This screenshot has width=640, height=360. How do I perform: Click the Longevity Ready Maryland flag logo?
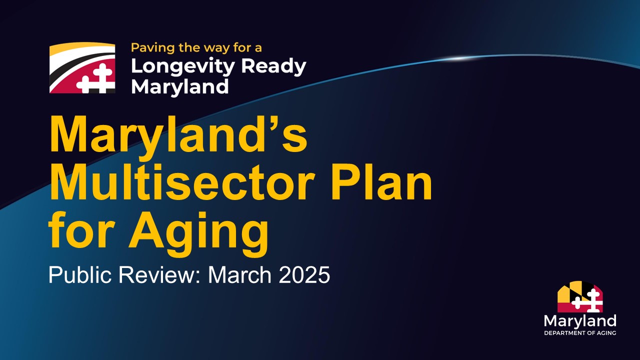[82, 68]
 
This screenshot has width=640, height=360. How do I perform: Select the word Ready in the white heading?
[273, 67]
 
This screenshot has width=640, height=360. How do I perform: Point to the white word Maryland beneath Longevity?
[180, 87]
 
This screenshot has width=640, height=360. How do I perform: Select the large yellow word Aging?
[199, 233]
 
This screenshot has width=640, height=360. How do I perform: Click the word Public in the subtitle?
[80, 274]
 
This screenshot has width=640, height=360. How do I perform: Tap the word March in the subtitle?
[239, 274]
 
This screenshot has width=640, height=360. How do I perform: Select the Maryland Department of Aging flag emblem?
[580, 296]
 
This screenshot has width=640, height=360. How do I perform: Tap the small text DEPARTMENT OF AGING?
[580, 333]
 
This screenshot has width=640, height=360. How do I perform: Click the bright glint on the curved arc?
[457, 58]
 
